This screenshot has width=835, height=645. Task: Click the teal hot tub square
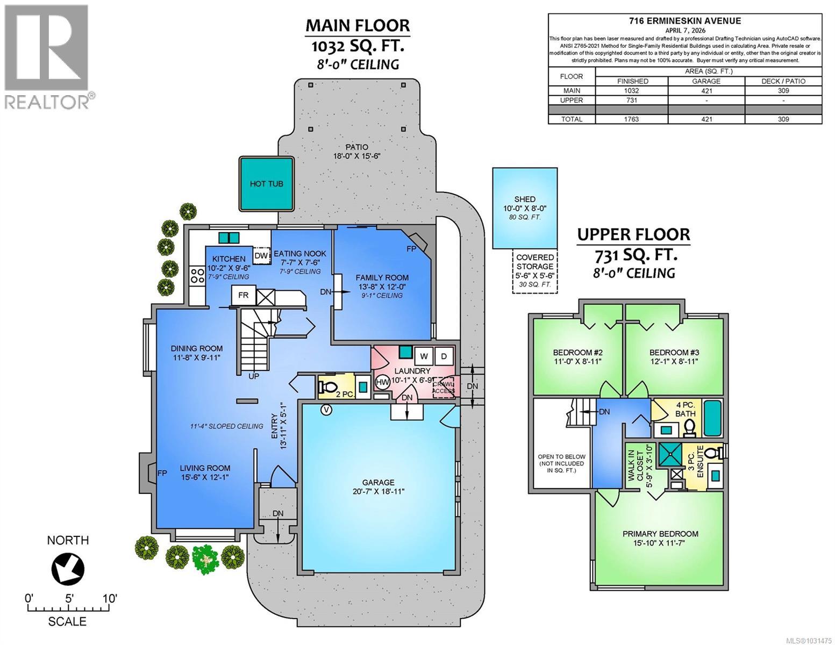(x=266, y=184)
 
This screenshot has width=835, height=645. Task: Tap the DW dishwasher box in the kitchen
(x=261, y=256)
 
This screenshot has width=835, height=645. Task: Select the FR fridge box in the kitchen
(x=243, y=296)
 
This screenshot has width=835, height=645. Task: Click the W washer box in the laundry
(x=424, y=356)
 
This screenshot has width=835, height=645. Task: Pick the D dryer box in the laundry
(x=444, y=356)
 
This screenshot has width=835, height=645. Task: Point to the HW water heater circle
(x=382, y=382)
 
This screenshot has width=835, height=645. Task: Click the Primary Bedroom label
(x=660, y=534)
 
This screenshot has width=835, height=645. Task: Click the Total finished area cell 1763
(x=632, y=119)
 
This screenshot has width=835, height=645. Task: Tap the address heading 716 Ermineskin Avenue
(x=684, y=21)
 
